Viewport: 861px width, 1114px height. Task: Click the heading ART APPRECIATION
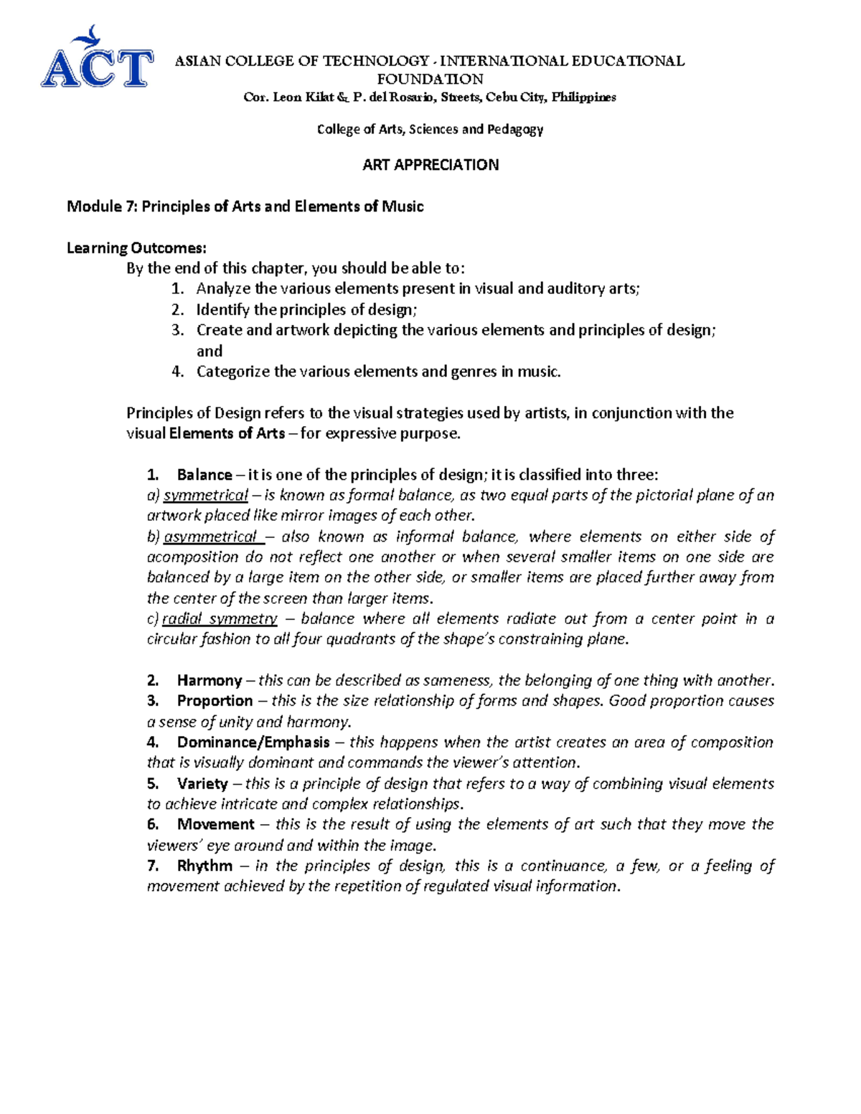coord(430,165)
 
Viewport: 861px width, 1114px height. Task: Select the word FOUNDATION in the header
coord(430,79)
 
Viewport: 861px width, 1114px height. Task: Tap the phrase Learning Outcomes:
coord(136,248)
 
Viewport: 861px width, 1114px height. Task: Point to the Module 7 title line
coord(245,207)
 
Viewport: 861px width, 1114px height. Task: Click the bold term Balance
coord(204,475)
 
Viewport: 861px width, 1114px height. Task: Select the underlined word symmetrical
coord(206,496)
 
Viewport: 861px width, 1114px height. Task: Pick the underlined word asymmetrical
coord(210,537)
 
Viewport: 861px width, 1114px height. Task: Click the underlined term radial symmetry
coord(220,619)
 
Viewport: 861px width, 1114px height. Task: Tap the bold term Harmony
coord(210,681)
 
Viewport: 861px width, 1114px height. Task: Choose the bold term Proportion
coord(215,701)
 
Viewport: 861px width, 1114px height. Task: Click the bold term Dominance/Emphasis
coord(253,742)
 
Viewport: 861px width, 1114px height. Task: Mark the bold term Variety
coord(202,784)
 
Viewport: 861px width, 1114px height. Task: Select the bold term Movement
coord(216,825)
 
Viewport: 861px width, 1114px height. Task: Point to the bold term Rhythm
coord(204,867)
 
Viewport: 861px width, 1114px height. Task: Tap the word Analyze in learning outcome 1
coord(224,289)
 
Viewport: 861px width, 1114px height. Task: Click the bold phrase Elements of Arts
coord(227,434)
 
